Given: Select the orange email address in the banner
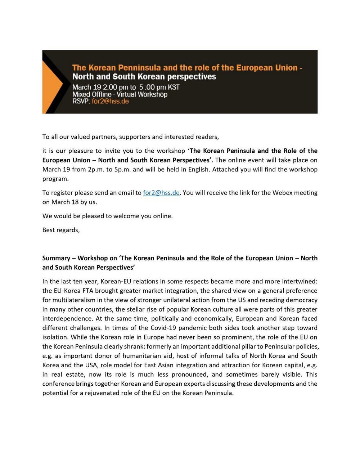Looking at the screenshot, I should tap(110, 101).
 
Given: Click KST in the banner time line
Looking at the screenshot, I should tap(174, 87).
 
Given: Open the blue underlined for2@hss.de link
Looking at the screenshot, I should tap(161, 193).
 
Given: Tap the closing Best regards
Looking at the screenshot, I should tap(61, 230).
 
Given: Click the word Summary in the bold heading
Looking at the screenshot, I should tap(56, 258).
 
